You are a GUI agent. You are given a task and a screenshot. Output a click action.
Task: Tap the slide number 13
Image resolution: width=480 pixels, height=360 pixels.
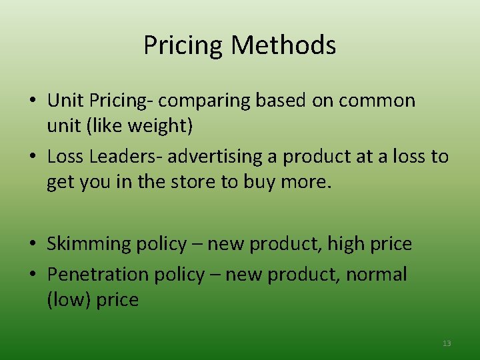click(x=447, y=343)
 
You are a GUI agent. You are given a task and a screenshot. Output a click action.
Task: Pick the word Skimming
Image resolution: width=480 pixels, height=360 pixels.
click(x=89, y=244)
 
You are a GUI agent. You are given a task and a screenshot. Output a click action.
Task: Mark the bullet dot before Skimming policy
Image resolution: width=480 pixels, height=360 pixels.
click(x=33, y=245)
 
